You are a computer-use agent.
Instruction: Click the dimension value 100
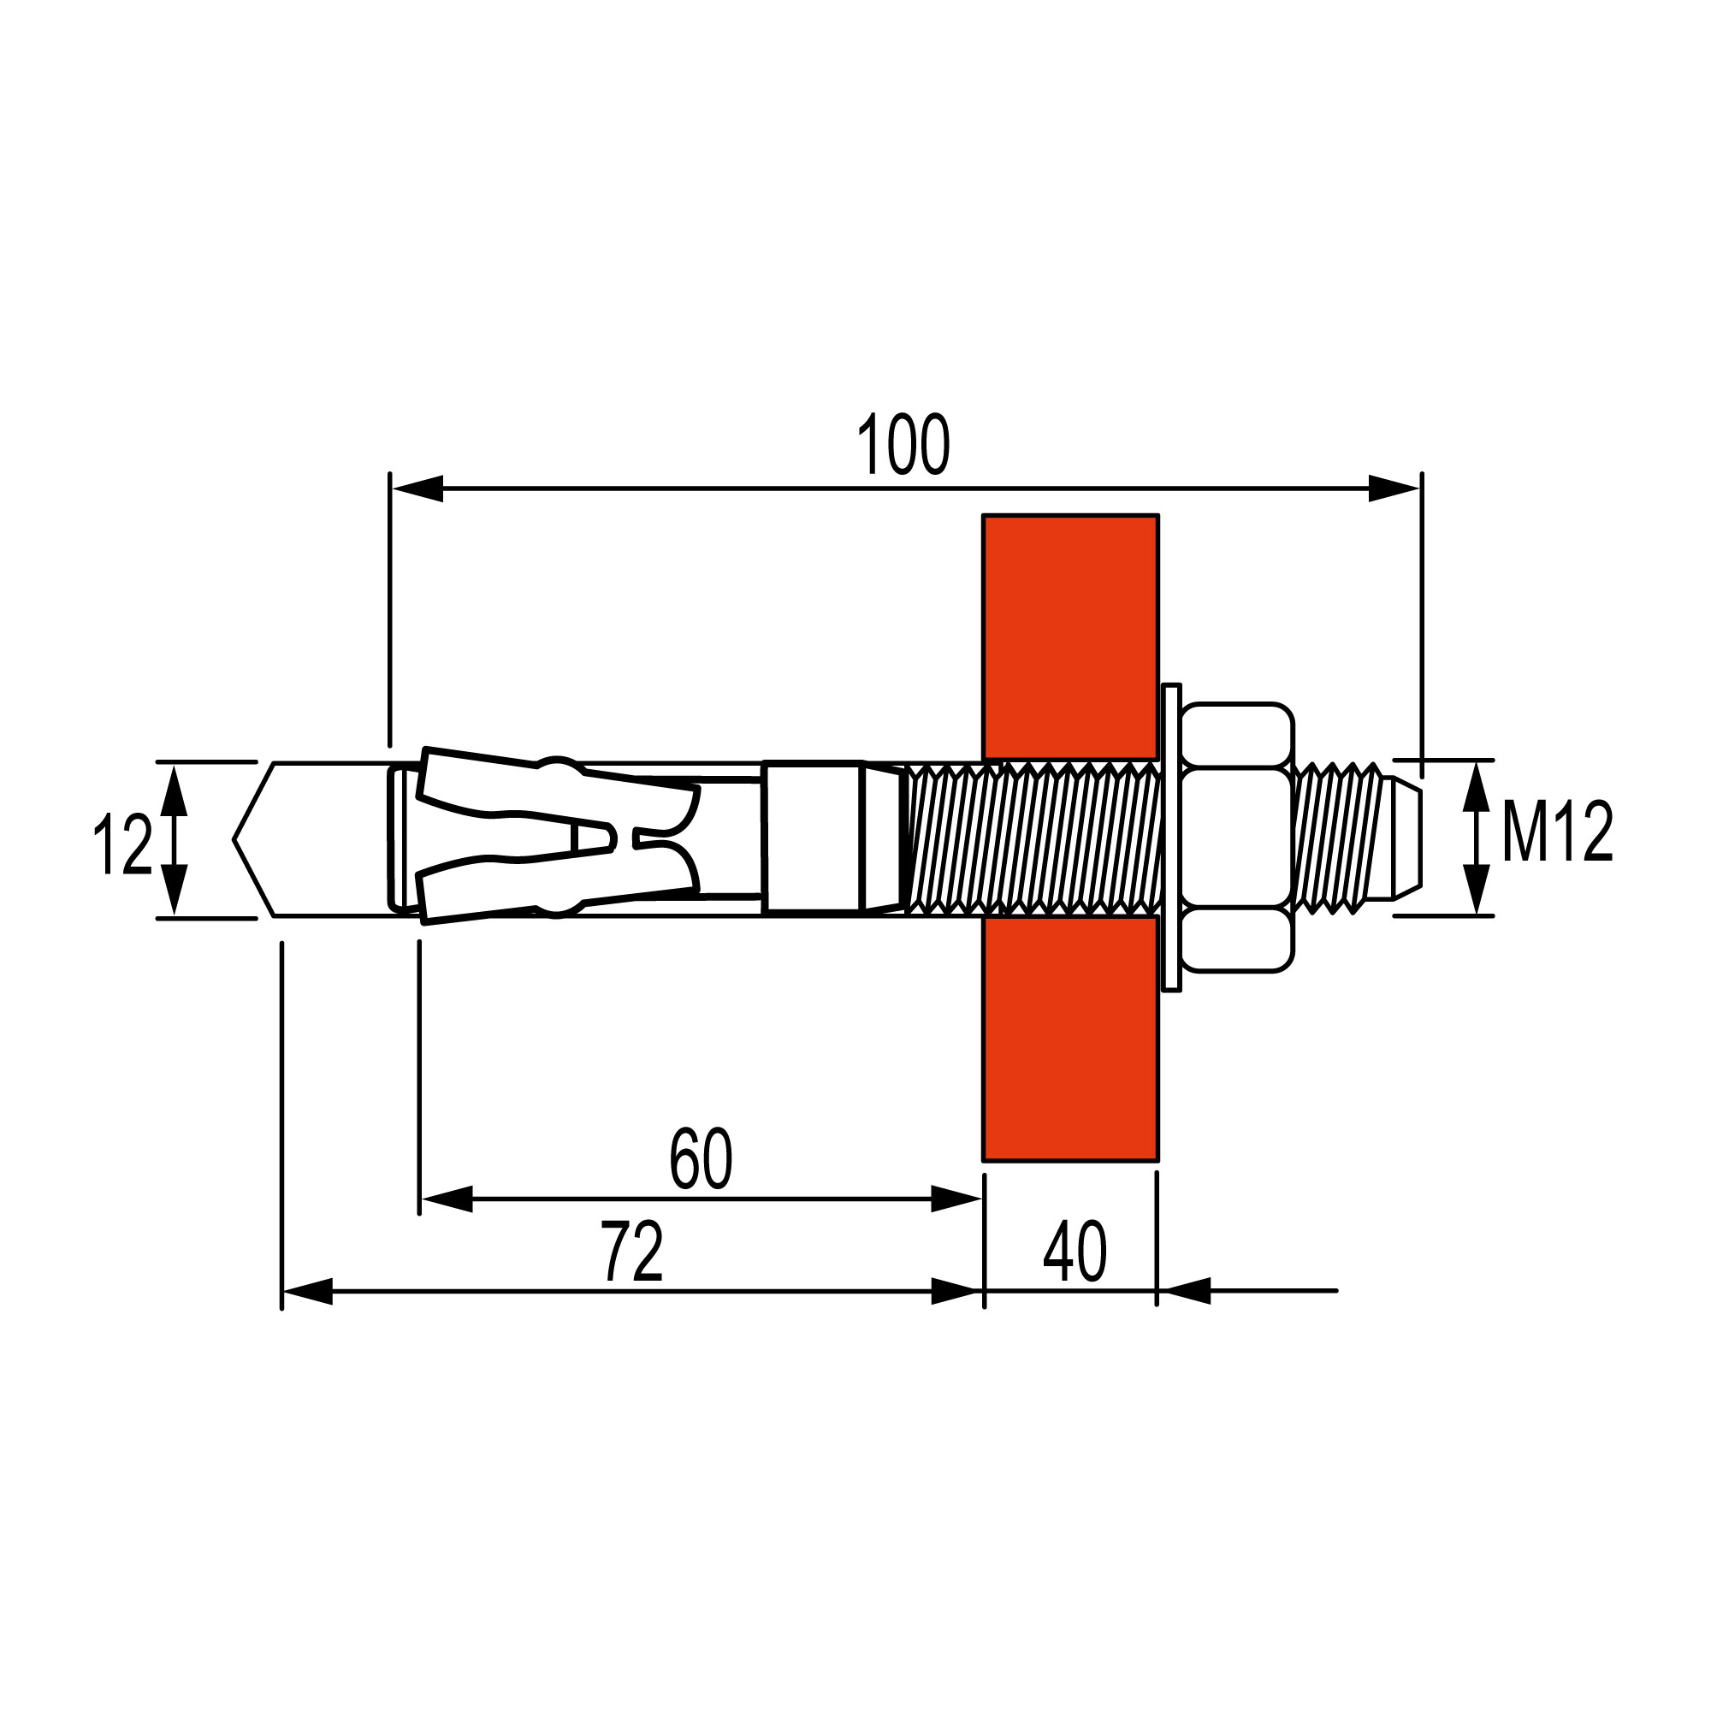point(903,444)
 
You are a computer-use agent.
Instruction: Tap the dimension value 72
point(632,1252)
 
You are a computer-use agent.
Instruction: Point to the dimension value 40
point(1075,1252)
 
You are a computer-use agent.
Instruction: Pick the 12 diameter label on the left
point(123,845)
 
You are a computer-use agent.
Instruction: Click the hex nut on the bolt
point(1237,838)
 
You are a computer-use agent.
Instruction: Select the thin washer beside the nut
point(1171,838)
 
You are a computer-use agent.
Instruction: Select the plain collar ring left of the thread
point(812,837)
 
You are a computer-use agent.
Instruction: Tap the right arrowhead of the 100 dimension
point(1394,488)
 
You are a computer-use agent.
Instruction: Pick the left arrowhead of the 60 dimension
point(447,1199)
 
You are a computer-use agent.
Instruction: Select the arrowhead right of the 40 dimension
point(1187,1291)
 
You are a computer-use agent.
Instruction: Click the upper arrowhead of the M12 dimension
point(1475,786)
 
